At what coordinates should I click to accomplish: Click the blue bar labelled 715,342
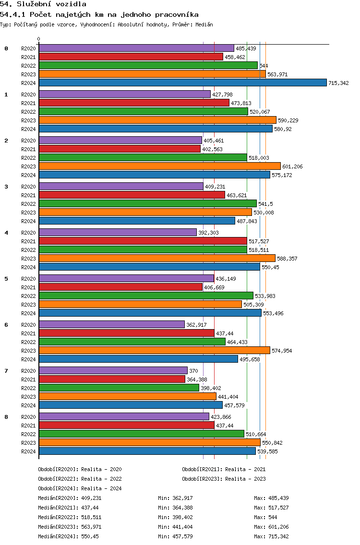[183, 83]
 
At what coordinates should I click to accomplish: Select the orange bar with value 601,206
[160, 166]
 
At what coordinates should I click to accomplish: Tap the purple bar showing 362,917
[112, 325]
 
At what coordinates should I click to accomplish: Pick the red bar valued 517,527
[143, 241]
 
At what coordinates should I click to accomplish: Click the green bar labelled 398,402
[119, 388]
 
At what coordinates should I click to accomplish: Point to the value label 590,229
[288, 120]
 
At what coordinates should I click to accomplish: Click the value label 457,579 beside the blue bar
[234, 405]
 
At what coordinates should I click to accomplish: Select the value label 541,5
[266, 204]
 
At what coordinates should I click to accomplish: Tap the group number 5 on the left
[6, 279]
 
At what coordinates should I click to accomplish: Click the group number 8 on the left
[6, 417]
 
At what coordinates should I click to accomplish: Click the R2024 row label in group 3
[28, 221]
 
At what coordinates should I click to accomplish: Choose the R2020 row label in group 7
[28, 371]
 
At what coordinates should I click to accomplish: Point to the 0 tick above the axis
[38, 39]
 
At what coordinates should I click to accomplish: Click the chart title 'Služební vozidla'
[52, 4]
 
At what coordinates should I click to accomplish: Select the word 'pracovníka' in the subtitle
[177, 14]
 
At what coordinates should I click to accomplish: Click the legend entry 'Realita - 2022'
[102, 479]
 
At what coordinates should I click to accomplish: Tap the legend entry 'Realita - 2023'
[246, 479]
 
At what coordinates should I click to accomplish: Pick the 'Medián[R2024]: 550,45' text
[69, 537]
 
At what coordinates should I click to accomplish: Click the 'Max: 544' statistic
[266, 518]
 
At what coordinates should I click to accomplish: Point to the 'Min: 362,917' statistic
[175, 498]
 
